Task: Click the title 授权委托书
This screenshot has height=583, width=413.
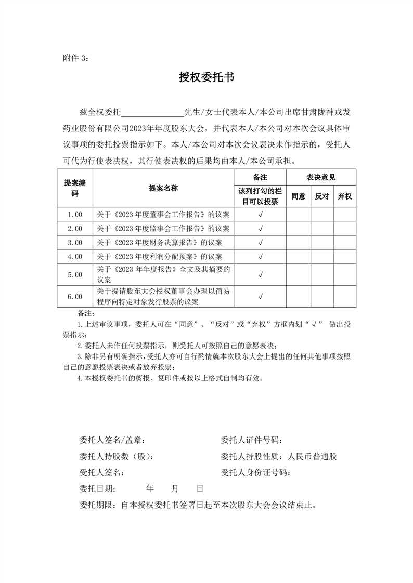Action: pos(206,78)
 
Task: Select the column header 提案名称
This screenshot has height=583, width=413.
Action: pos(163,189)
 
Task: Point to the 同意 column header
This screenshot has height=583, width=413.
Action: pos(298,196)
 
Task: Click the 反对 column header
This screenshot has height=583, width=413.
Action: pos(322,196)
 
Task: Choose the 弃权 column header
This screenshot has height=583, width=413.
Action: pos(344,196)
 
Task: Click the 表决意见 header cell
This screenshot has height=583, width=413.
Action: pos(321,177)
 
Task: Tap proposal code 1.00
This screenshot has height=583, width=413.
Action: pos(75,214)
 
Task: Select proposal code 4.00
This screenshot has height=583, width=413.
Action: pos(75,256)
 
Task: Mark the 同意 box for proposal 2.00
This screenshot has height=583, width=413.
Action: pos(298,228)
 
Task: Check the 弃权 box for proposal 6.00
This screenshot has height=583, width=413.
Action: pos(344,296)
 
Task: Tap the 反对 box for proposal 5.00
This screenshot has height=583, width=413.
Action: pos(322,274)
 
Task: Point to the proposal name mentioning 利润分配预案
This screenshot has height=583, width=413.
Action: pos(160,256)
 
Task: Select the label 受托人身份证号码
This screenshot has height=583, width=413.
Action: pos(255,472)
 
